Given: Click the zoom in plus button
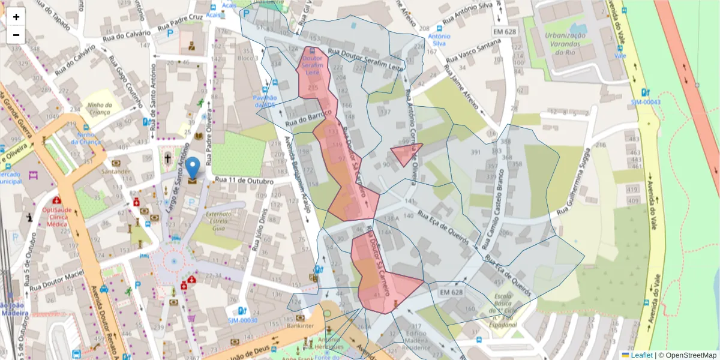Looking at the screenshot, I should (x=16, y=17).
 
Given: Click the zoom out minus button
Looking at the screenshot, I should (x=16, y=35).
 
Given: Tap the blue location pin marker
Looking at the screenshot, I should (x=193, y=169).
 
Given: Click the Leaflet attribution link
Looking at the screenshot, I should (x=641, y=355).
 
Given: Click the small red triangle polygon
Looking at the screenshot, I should (x=406, y=153).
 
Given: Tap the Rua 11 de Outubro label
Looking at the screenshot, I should (x=244, y=181).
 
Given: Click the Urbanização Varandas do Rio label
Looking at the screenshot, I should (x=565, y=44).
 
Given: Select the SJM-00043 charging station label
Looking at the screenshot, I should (x=645, y=102).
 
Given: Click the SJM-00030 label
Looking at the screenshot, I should (x=242, y=320).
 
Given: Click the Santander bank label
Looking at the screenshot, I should (x=116, y=172).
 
